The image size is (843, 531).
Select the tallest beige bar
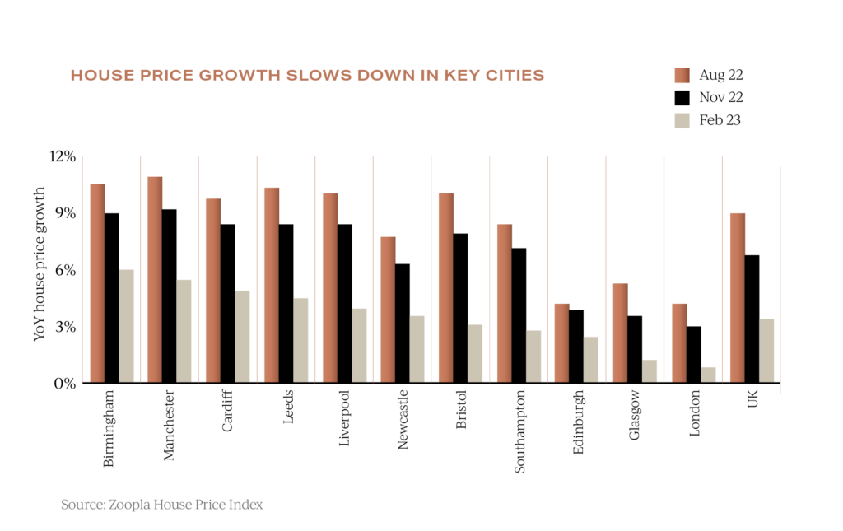coord(126,325)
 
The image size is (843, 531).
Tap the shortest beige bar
coord(708,374)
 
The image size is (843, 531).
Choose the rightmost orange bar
coord(737,296)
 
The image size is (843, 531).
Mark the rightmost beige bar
coord(766,350)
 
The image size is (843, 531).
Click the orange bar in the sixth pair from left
coord(388,309)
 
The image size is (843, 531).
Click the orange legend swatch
coord(682,76)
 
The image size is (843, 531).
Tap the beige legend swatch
coord(682,120)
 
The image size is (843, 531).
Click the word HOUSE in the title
coord(95,76)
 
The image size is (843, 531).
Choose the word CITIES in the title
coord(516,76)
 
